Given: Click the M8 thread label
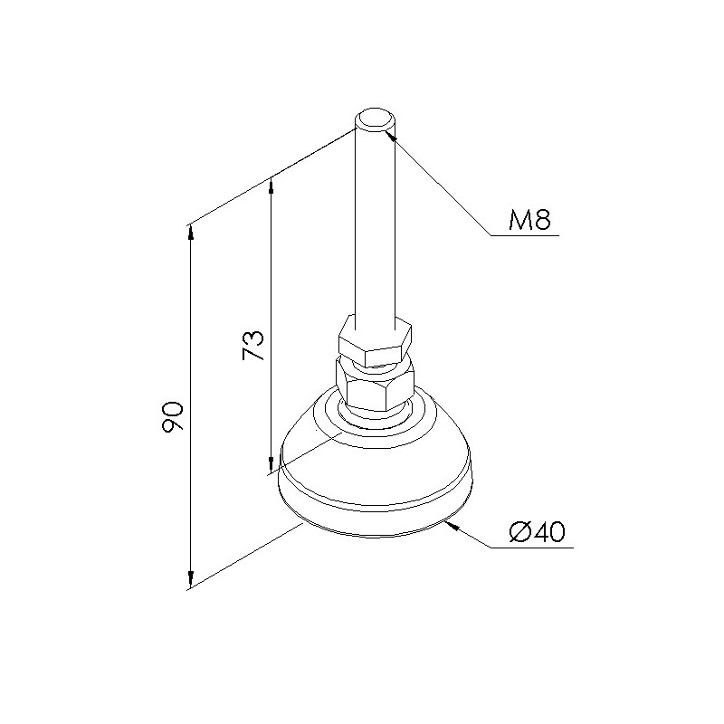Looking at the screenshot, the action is [x=529, y=220].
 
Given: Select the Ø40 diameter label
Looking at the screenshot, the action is [x=537, y=532].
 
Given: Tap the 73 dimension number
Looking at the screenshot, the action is [x=253, y=346].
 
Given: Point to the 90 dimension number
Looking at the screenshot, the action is [x=173, y=417].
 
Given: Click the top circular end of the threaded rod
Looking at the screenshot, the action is [x=375, y=119].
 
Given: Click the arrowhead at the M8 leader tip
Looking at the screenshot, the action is [x=391, y=136].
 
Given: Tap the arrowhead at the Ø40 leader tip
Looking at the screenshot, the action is [x=452, y=526].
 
